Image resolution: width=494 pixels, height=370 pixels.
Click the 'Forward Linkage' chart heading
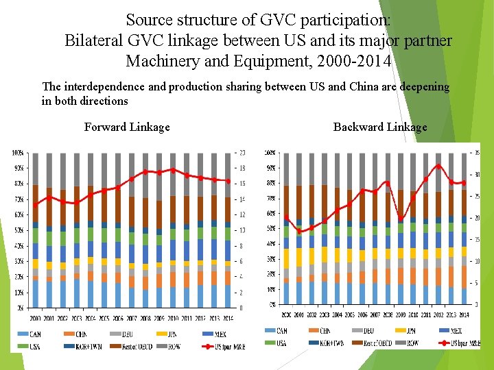pos(127,127)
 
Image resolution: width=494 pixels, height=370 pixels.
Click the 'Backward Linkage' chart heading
pos(380,127)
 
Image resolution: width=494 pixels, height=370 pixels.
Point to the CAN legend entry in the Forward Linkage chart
pos(35,334)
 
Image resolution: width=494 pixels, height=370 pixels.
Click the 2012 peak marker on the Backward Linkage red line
pos(438,166)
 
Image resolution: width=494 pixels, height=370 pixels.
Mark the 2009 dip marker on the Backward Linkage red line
pos(401,219)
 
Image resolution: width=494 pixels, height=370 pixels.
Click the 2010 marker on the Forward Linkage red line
pos(173,170)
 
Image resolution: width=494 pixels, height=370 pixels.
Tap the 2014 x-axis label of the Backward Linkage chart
pos(464,314)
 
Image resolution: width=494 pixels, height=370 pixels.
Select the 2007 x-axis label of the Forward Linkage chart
pos(132,318)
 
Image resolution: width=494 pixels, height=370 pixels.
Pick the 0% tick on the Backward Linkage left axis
pos(272,304)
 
